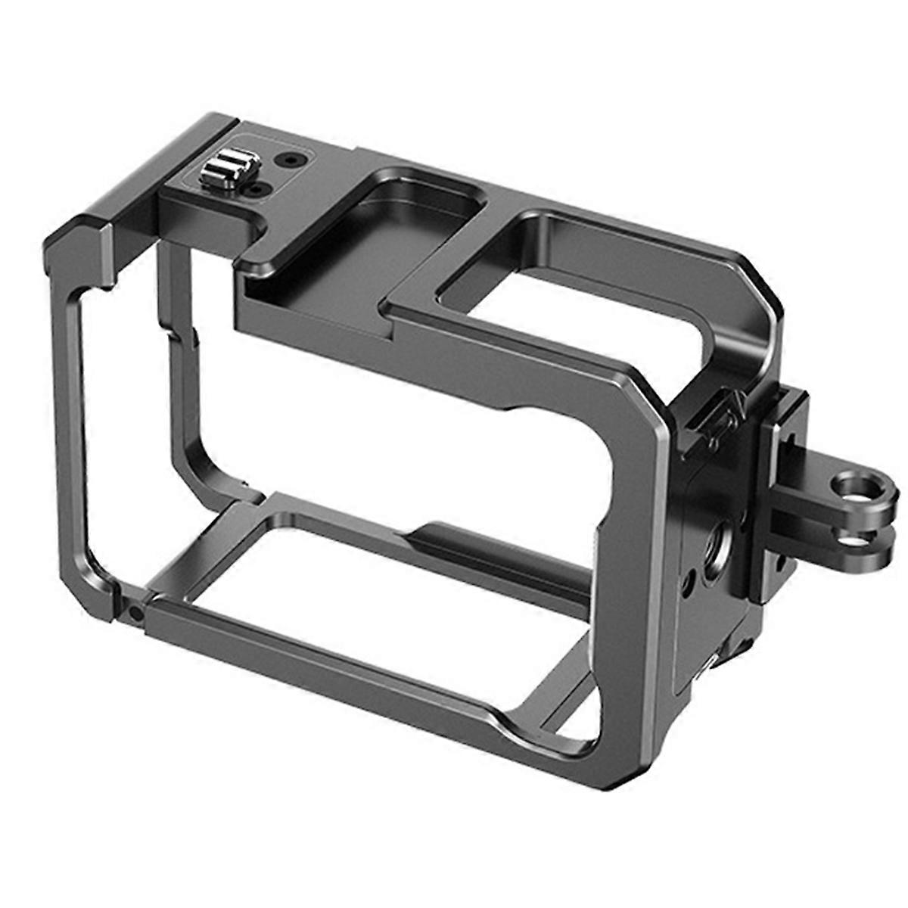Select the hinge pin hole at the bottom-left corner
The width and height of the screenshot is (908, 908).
click(135, 614)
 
